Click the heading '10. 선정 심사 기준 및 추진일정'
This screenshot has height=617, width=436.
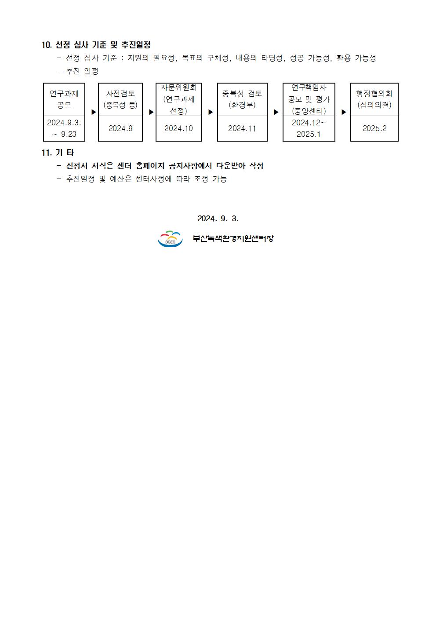coord(96,44)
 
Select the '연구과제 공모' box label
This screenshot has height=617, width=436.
coord(64,99)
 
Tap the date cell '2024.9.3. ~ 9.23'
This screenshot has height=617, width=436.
coord(64,128)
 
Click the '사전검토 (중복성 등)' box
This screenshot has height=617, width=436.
coord(120,99)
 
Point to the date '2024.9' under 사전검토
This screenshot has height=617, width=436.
coord(120,128)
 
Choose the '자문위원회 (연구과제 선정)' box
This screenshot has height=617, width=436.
coord(178,99)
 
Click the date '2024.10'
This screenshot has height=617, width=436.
coord(178,128)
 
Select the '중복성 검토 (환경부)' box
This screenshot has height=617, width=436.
coord(242,99)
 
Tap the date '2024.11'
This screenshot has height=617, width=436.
coord(242,128)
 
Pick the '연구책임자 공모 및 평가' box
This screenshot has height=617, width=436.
coord(309,99)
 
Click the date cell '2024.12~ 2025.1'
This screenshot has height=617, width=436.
coord(309,128)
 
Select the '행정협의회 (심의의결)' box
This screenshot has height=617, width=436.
coord(374,99)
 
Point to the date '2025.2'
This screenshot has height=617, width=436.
coord(374,128)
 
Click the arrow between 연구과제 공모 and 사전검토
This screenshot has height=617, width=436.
coord(94,112)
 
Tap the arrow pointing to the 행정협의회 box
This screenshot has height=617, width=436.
coord(344,112)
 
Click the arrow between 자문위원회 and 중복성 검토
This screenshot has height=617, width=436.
coord(211,112)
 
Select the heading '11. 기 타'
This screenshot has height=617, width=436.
coord(58,153)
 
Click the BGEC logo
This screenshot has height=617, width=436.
coord(170,238)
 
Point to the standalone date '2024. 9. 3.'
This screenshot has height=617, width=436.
coord(218,219)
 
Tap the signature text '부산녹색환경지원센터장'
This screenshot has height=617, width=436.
coord(233,238)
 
